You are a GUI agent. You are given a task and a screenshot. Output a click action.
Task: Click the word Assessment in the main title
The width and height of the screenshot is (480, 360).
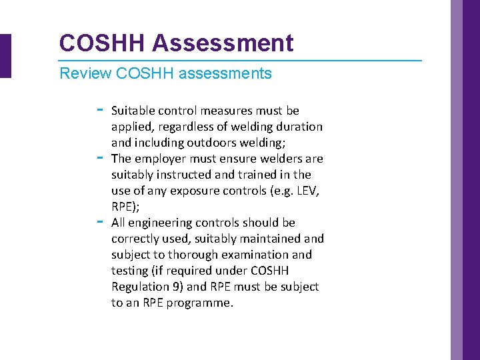click(223, 43)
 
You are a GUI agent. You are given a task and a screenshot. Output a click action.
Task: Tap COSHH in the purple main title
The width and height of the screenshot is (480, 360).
click(101, 43)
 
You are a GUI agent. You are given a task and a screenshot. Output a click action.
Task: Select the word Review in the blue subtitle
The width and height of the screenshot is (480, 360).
click(85, 73)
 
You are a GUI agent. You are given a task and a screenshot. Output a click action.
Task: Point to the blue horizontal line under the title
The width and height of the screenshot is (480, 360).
click(240, 61)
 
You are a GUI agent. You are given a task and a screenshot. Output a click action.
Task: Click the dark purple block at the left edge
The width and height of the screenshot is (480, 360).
click(5, 56)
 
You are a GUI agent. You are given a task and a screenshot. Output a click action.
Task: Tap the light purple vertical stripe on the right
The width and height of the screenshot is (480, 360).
click(457, 180)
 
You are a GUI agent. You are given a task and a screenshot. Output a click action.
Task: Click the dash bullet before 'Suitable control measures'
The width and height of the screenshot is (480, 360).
click(100, 109)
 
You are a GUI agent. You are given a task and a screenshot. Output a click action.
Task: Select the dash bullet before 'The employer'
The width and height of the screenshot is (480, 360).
click(100, 157)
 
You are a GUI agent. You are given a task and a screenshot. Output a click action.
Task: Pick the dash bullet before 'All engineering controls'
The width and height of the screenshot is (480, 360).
click(100, 221)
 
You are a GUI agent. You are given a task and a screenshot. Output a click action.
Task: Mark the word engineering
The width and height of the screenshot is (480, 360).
click(160, 223)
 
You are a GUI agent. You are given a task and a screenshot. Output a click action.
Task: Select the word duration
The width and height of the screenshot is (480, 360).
click(299, 127)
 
